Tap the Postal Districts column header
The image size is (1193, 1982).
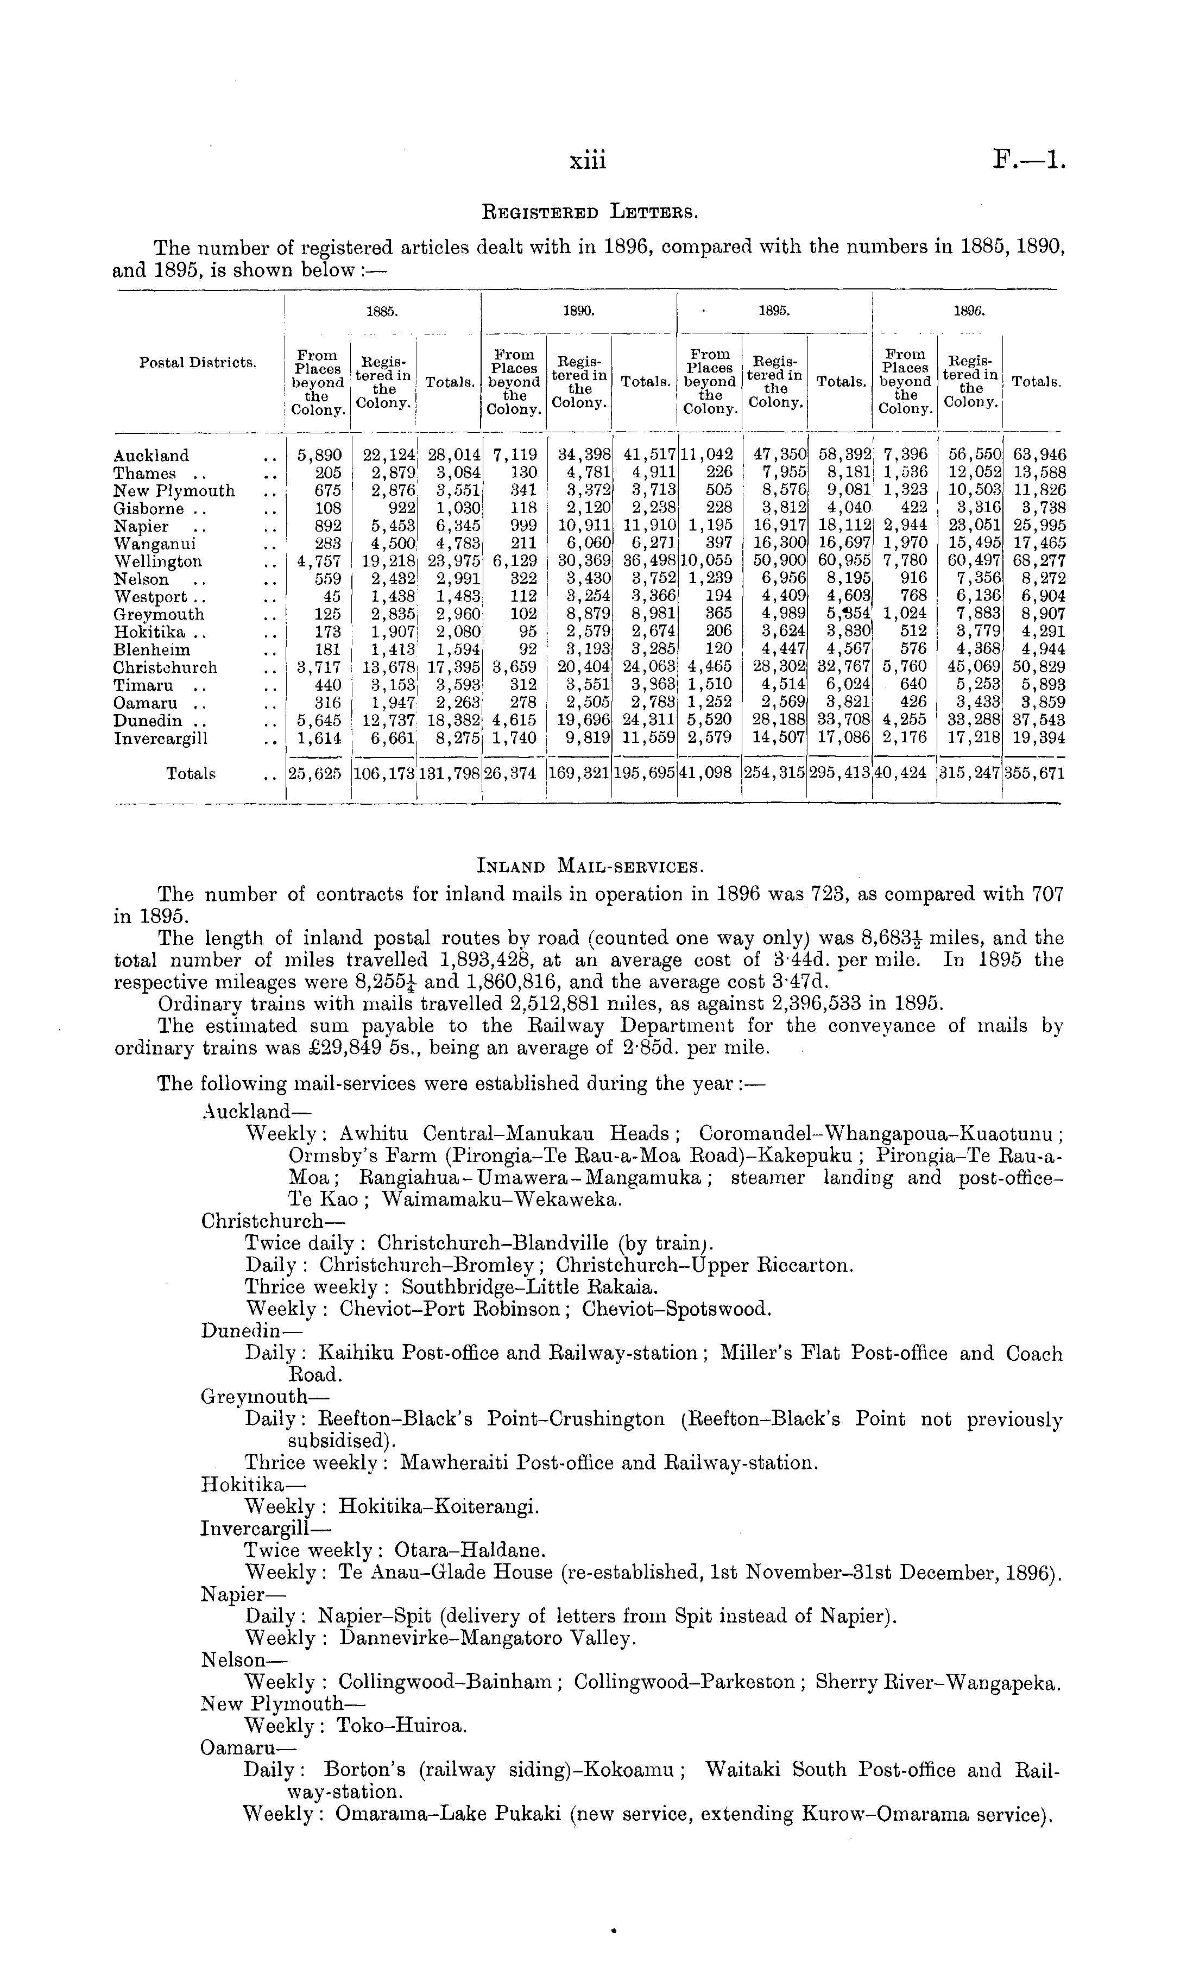pos(198,363)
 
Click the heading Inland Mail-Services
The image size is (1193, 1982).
pos(591,867)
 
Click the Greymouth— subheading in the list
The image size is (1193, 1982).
pos(264,1397)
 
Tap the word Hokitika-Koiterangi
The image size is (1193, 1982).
pos(439,1506)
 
